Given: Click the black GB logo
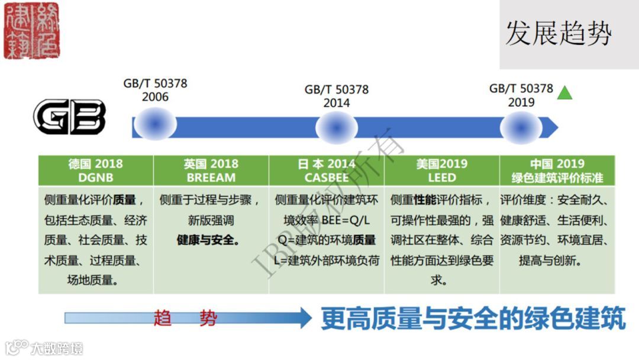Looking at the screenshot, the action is (x=69, y=117).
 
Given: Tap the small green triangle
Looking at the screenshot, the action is (x=565, y=93).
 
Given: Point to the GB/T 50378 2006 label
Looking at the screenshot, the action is (x=155, y=90).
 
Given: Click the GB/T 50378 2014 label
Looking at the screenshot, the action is (x=337, y=96).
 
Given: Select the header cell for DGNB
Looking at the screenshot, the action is (x=95, y=171).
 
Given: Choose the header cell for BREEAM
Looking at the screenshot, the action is (x=211, y=171).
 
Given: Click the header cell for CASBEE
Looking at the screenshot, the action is (x=327, y=171).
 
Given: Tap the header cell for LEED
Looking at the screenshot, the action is (x=442, y=171).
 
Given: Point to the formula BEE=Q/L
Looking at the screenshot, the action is (x=350, y=220).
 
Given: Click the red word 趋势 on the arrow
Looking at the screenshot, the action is (x=185, y=319).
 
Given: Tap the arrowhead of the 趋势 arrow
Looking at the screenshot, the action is (x=305, y=318).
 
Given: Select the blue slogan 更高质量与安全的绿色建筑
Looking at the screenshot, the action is (x=473, y=319).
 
